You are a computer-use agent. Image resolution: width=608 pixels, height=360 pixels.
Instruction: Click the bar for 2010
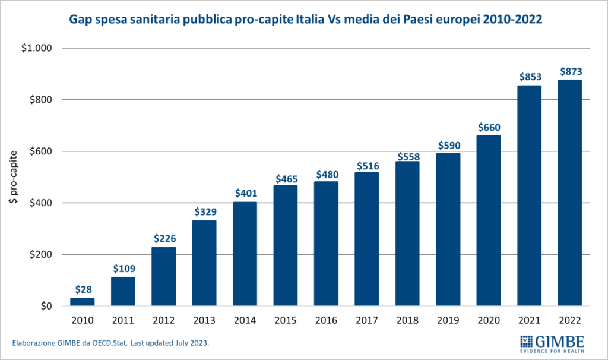83,302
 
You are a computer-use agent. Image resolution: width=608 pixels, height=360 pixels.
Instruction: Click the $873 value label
569,72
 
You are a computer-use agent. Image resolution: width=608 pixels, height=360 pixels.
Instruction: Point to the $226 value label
164,239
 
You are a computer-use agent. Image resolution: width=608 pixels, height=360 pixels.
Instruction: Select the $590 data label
448,145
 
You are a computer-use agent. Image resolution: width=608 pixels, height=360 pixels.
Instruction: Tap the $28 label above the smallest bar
83,290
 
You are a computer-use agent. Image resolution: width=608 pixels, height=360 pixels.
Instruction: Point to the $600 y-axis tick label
40,151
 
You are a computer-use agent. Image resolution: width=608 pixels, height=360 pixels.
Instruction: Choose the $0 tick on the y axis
45,307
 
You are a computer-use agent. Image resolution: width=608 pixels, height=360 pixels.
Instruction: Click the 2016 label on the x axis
326,320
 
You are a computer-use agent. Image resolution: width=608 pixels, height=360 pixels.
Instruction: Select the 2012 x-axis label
164,320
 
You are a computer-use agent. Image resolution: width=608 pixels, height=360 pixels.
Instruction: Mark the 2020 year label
489,320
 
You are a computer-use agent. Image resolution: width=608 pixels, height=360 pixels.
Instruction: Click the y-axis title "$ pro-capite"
13,178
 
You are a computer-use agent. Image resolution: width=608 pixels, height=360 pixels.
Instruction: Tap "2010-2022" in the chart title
512,20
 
